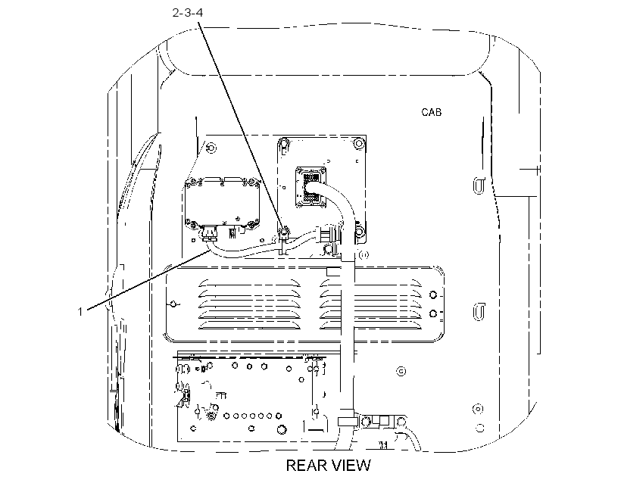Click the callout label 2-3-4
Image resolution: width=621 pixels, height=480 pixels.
pyautogui.click(x=188, y=13)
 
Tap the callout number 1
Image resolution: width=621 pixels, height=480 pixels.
pyautogui.click(x=80, y=312)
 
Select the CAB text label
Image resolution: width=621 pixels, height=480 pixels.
pyautogui.click(x=432, y=113)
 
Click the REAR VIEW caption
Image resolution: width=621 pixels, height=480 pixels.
pyautogui.click(x=329, y=466)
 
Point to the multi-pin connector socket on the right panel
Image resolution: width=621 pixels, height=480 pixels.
pyautogui.click(x=311, y=187)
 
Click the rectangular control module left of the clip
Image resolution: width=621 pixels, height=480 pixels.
pyautogui.click(x=222, y=204)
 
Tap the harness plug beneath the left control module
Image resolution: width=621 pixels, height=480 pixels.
pyautogui.click(x=209, y=234)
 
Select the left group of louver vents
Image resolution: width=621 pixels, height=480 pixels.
pyautogui.click(x=249, y=304)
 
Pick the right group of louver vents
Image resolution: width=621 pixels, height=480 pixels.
pyautogui.click(x=370, y=304)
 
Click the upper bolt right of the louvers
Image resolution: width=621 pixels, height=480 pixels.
pyautogui.click(x=433, y=295)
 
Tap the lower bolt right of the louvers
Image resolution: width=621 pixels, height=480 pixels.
pyautogui.click(x=433, y=313)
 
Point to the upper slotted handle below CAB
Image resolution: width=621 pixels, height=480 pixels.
pyautogui.click(x=479, y=185)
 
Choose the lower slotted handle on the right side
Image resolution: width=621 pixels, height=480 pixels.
pyautogui.click(x=479, y=311)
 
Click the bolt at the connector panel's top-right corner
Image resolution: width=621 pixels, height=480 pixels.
pyautogui.click(x=359, y=143)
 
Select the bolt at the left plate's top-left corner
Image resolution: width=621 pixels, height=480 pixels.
pyautogui.click(x=211, y=148)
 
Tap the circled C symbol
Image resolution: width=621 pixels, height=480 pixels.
pyautogui.click(x=401, y=371)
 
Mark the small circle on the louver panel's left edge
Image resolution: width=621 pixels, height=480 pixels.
pyautogui.click(x=173, y=304)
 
